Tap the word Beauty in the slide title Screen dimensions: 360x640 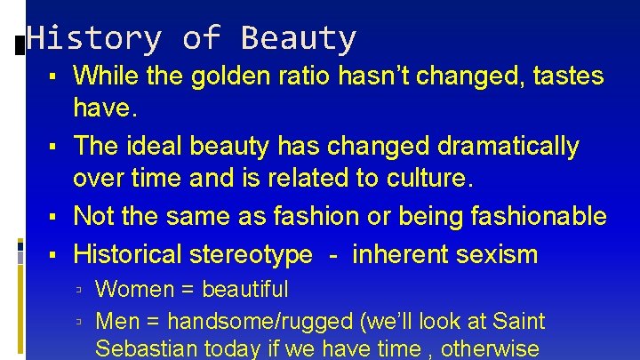298,38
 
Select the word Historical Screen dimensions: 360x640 130,255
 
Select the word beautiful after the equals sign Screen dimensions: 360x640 244,289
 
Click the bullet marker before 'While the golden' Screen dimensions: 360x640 55,77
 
